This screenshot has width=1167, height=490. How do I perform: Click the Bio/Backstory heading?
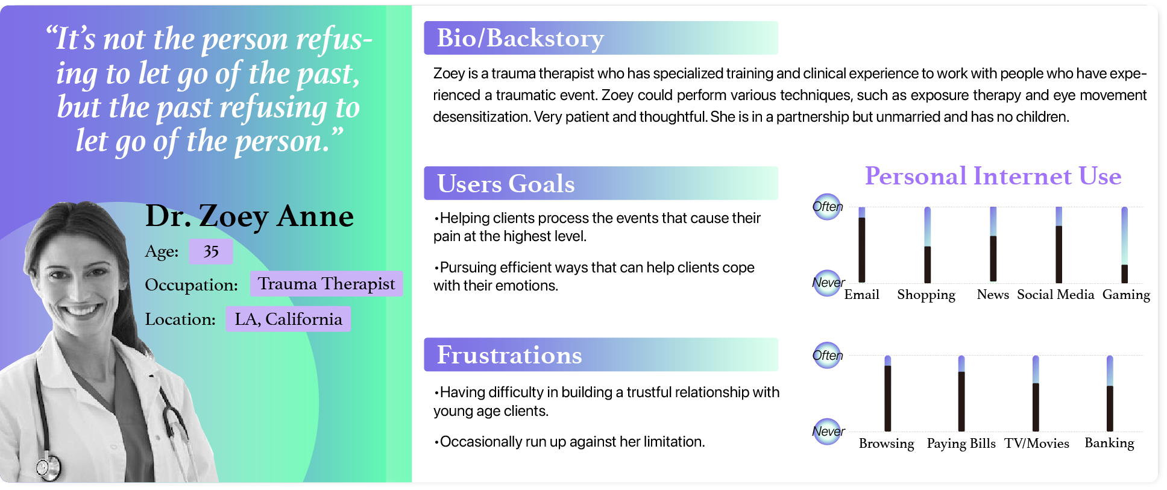(x=520, y=38)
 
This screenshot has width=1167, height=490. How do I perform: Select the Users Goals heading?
(x=506, y=183)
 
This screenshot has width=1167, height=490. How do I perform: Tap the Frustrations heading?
(x=509, y=355)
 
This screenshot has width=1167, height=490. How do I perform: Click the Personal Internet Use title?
(x=993, y=176)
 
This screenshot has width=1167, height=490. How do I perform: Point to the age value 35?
(x=211, y=251)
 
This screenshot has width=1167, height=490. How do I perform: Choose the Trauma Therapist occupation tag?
(x=326, y=284)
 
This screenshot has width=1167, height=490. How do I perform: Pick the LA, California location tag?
(x=288, y=319)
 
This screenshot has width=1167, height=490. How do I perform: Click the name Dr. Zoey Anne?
(x=250, y=216)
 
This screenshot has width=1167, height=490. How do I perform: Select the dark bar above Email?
(x=862, y=250)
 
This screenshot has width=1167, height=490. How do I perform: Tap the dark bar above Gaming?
(x=1124, y=274)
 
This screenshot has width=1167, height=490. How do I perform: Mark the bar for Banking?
(x=1110, y=408)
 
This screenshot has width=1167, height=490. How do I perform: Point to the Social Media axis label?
(x=1055, y=295)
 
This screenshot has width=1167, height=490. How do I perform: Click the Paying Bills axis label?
(x=961, y=444)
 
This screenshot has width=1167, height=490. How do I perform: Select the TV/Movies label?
(x=1036, y=444)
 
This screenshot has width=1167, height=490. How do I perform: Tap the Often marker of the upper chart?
(x=827, y=207)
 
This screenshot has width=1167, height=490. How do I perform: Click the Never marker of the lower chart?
(x=827, y=432)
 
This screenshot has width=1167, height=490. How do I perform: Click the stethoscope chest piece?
(x=48, y=466)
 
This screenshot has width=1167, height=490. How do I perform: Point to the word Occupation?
(x=191, y=285)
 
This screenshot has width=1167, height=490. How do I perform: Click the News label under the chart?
(x=992, y=295)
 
